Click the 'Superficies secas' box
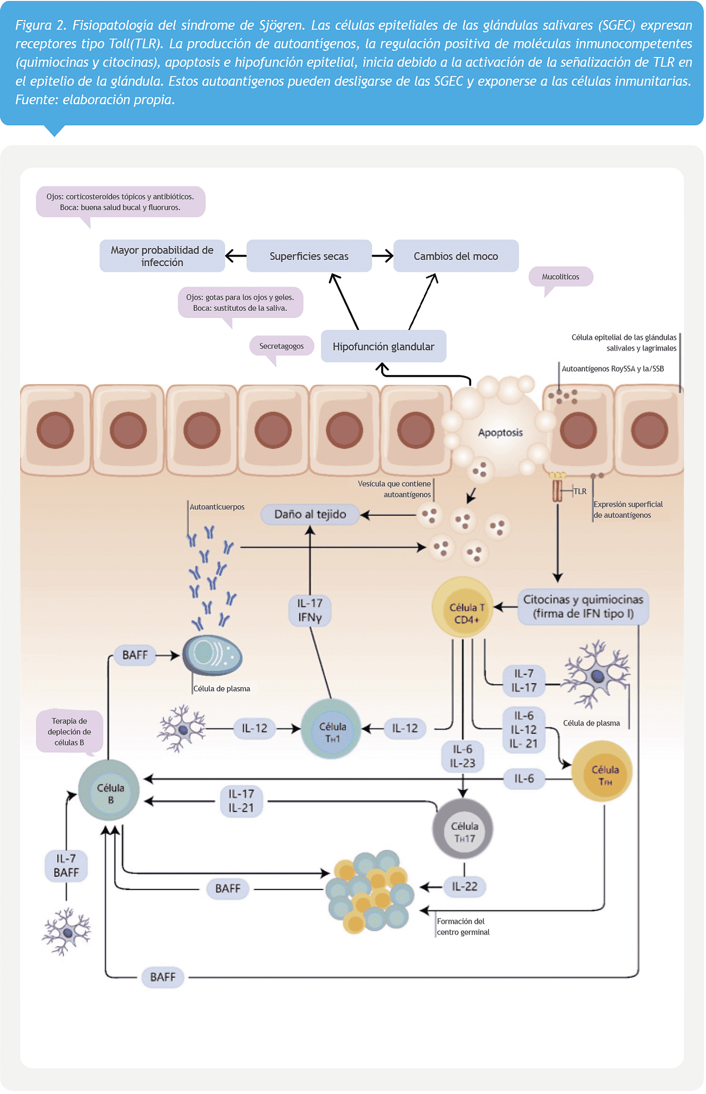(x=309, y=256)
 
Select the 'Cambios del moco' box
(x=456, y=256)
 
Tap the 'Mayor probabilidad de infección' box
(x=162, y=256)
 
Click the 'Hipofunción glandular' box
(x=383, y=346)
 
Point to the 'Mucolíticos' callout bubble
(x=560, y=277)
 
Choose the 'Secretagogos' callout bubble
(x=281, y=346)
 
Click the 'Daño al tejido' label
(x=310, y=515)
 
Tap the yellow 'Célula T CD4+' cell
(x=463, y=608)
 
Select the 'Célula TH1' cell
(x=332, y=729)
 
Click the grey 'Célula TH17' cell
(x=463, y=829)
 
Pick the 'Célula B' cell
(x=109, y=791)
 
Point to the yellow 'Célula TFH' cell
(x=603, y=772)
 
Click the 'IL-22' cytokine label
(x=464, y=887)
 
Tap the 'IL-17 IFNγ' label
(x=310, y=610)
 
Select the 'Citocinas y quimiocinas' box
(x=583, y=606)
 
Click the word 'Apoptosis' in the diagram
(x=500, y=432)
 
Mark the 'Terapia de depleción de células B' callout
(x=70, y=732)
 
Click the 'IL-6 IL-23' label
(x=463, y=756)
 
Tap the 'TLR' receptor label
(x=580, y=491)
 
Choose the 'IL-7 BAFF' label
(x=66, y=866)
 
